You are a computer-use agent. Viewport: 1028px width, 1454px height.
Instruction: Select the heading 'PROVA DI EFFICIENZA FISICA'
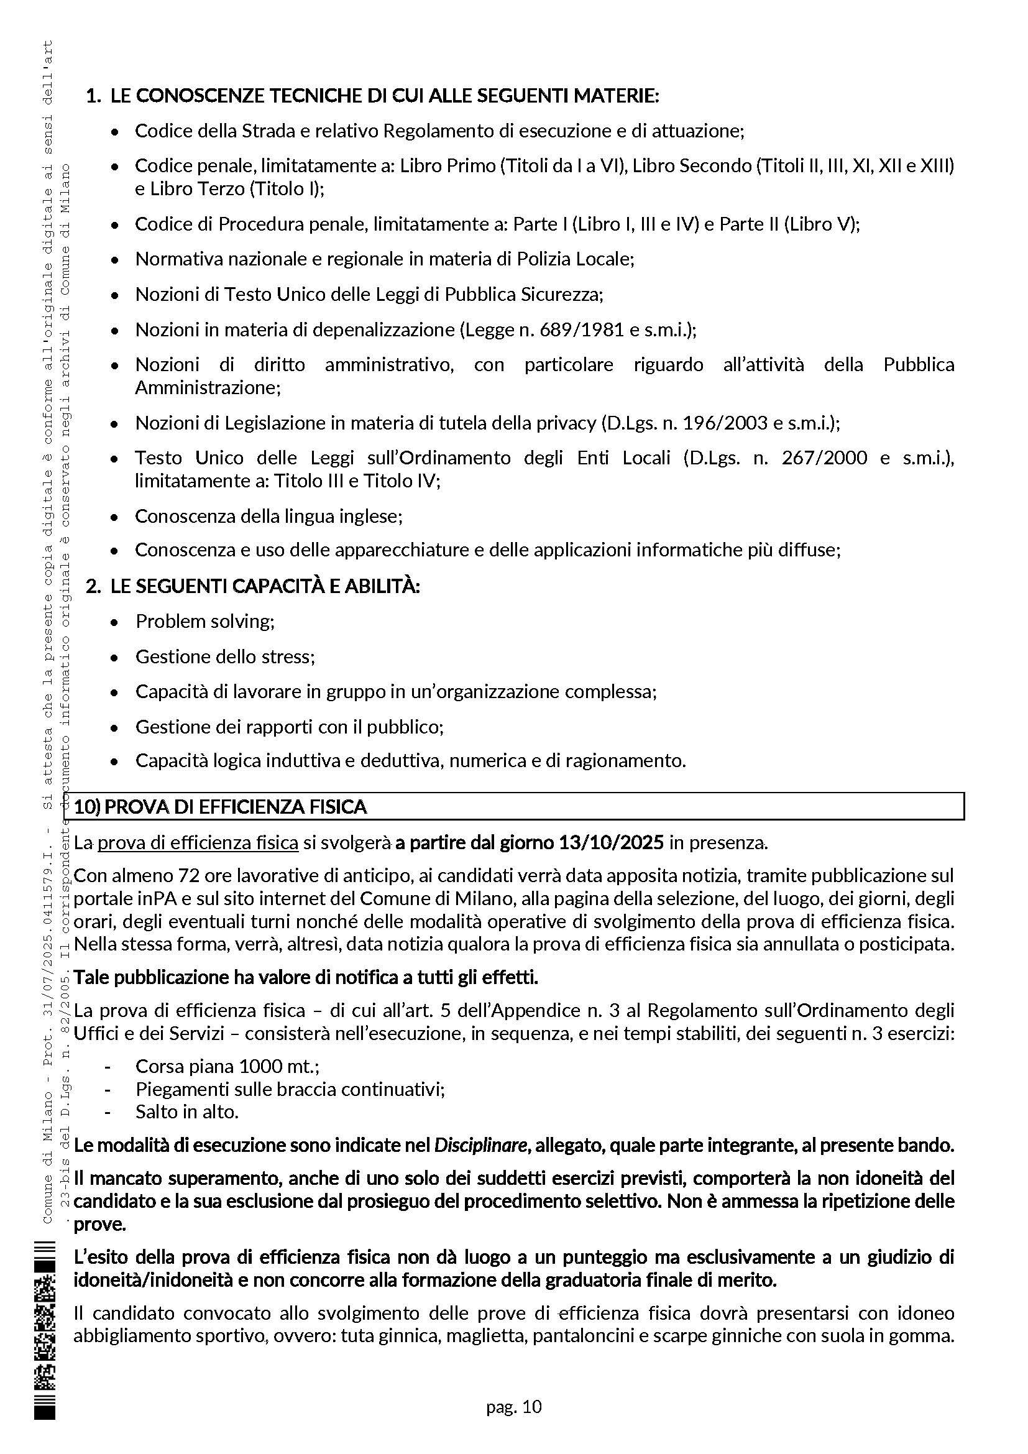[x=236, y=807]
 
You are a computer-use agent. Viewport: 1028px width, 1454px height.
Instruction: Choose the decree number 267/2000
[x=824, y=458]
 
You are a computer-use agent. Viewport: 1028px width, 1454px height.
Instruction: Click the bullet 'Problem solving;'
[x=205, y=621]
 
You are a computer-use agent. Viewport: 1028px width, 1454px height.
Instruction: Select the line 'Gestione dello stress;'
[x=225, y=656]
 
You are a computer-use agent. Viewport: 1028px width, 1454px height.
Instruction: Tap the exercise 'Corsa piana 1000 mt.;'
[x=227, y=1067]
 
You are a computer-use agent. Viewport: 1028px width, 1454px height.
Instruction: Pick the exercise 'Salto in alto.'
[x=186, y=1111]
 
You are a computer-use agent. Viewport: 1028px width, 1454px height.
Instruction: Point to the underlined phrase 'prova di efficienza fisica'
[x=198, y=843]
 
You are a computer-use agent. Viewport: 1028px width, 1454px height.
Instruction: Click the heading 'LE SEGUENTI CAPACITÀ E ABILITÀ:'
[x=265, y=586]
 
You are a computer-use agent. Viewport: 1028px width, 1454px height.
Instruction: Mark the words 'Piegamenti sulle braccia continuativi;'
[x=290, y=1089]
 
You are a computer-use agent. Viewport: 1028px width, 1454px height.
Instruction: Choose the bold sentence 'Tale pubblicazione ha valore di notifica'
[x=306, y=978]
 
